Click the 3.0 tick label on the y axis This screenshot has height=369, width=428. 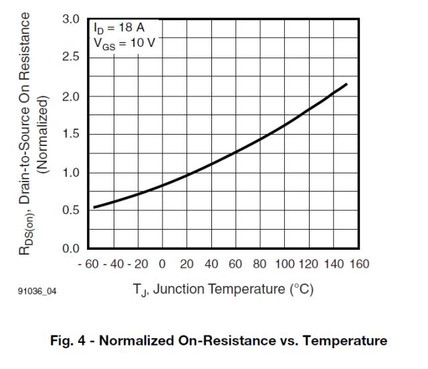point(70,19)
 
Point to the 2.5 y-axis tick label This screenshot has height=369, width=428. point(70,58)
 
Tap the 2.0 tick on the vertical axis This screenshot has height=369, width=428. point(70,96)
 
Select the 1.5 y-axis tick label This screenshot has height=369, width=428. point(70,134)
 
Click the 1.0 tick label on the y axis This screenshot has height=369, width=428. point(70,173)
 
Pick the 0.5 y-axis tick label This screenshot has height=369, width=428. point(70,210)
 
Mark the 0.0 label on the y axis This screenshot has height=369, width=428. point(70,249)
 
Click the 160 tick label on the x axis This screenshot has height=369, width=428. point(360,264)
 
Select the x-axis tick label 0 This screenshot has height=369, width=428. point(163,264)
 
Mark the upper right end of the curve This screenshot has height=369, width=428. point(347,84)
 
